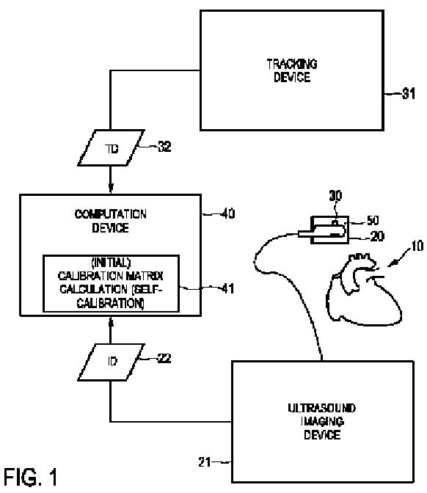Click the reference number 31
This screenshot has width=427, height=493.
(409, 93)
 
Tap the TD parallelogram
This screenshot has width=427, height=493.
(111, 147)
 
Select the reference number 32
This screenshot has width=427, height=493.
(164, 147)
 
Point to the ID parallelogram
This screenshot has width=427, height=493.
(111, 362)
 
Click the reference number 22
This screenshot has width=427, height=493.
(164, 358)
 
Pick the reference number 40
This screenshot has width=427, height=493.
(228, 213)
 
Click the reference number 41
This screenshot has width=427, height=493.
(228, 288)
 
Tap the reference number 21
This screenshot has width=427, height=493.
(205, 462)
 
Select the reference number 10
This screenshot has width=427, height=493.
(417, 246)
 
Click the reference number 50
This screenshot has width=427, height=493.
(373, 220)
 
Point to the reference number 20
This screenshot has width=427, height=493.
(377, 236)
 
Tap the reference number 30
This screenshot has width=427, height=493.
(335, 196)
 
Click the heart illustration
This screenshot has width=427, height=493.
(364, 288)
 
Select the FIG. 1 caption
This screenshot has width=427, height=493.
(31, 477)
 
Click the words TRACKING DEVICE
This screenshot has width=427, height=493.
(292, 70)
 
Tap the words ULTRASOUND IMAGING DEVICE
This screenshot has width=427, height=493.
(322, 421)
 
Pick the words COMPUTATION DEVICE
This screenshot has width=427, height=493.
(110, 221)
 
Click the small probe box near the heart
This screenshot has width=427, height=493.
(330, 230)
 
